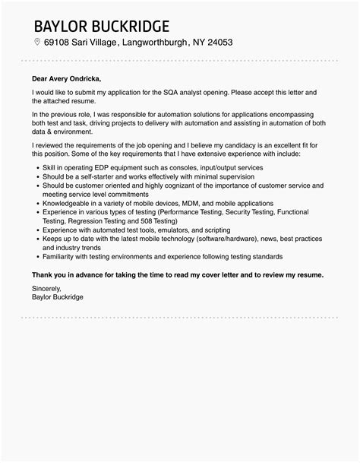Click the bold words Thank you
(x=50, y=274)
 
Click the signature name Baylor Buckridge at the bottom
(x=58, y=297)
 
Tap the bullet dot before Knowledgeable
(x=35, y=204)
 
